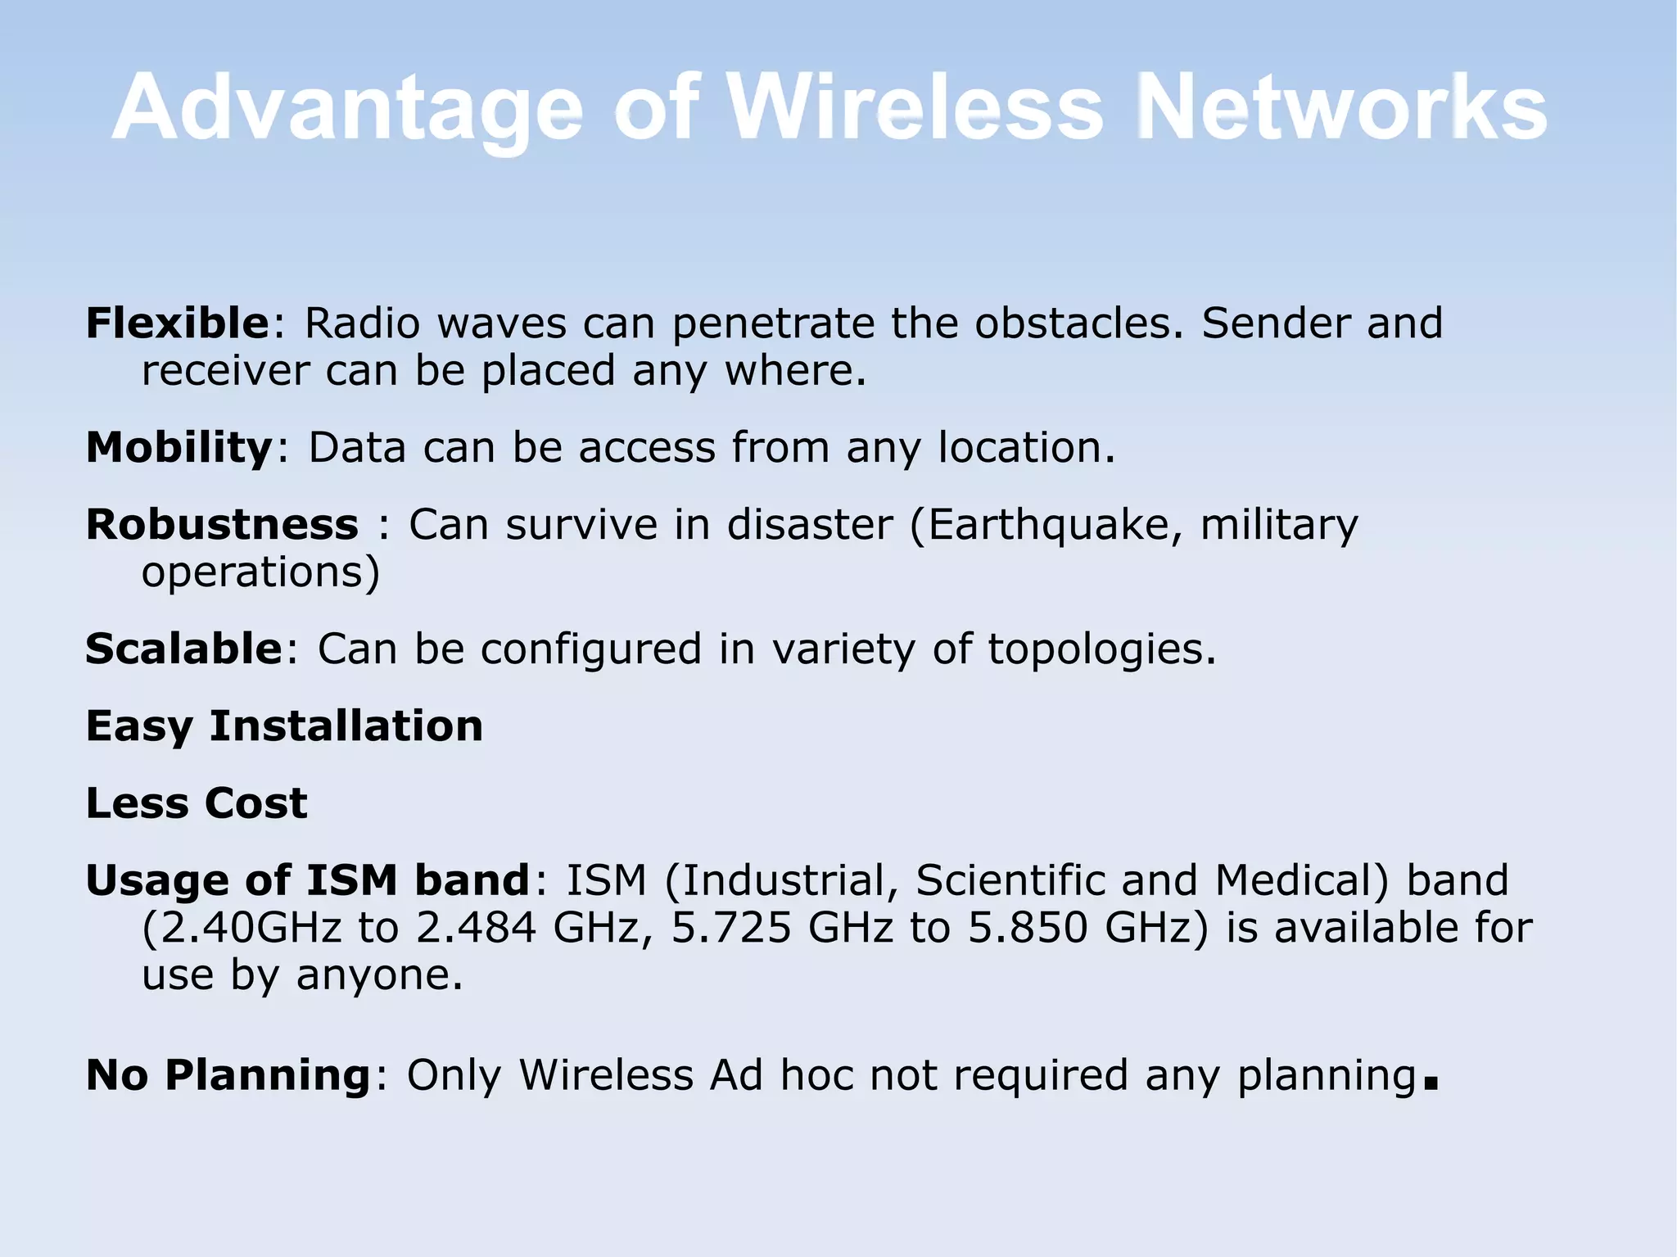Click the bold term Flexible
tap(177, 323)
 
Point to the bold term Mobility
tap(179, 448)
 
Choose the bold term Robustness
tap(222, 524)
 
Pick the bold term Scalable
tap(184, 649)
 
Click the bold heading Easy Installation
tap(284, 726)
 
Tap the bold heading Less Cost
tap(197, 803)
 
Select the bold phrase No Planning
tap(228, 1074)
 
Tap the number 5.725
tap(731, 928)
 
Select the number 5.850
tap(1028, 928)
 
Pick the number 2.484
tap(476, 928)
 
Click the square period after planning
tap(1431, 1084)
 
